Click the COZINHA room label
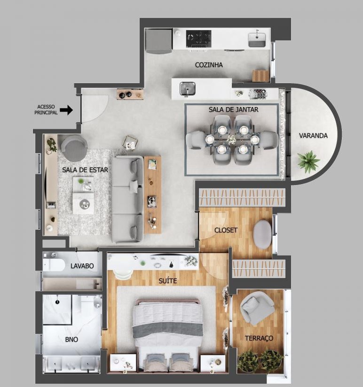click(x=209, y=65)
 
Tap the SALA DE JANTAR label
click(x=234, y=109)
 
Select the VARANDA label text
click(x=313, y=136)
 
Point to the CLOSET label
click(x=226, y=230)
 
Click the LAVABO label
click(x=82, y=266)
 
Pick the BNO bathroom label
click(x=71, y=340)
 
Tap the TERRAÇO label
click(x=259, y=338)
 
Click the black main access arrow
click(x=66, y=110)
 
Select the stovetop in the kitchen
click(x=199, y=39)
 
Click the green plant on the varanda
click(x=308, y=162)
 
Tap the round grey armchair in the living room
click(x=74, y=147)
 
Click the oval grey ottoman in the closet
click(x=262, y=234)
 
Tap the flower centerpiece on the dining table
click(x=232, y=139)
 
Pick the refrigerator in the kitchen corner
click(x=158, y=41)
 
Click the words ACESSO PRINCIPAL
click(x=46, y=110)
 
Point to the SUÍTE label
click(x=168, y=281)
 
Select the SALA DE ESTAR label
click(x=85, y=170)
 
